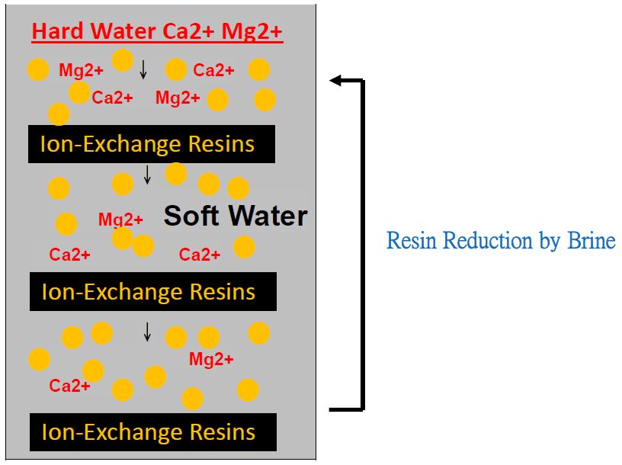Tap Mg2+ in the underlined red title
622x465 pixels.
tap(252, 32)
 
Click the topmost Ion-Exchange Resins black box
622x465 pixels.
tap(152, 144)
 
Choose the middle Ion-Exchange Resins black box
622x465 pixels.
tap(153, 292)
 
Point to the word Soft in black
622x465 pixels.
tap(191, 216)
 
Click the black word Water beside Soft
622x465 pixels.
tap(268, 216)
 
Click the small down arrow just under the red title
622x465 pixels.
tap(143, 69)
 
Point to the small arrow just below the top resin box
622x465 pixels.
tap(148, 175)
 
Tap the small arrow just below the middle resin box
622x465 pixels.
tap(147, 332)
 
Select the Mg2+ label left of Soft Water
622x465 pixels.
tap(120, 219)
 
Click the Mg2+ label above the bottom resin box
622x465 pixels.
tap(211, 359)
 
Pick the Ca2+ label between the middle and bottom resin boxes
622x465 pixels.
tap(69, 385)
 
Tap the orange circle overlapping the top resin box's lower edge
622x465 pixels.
tap(176, 173)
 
